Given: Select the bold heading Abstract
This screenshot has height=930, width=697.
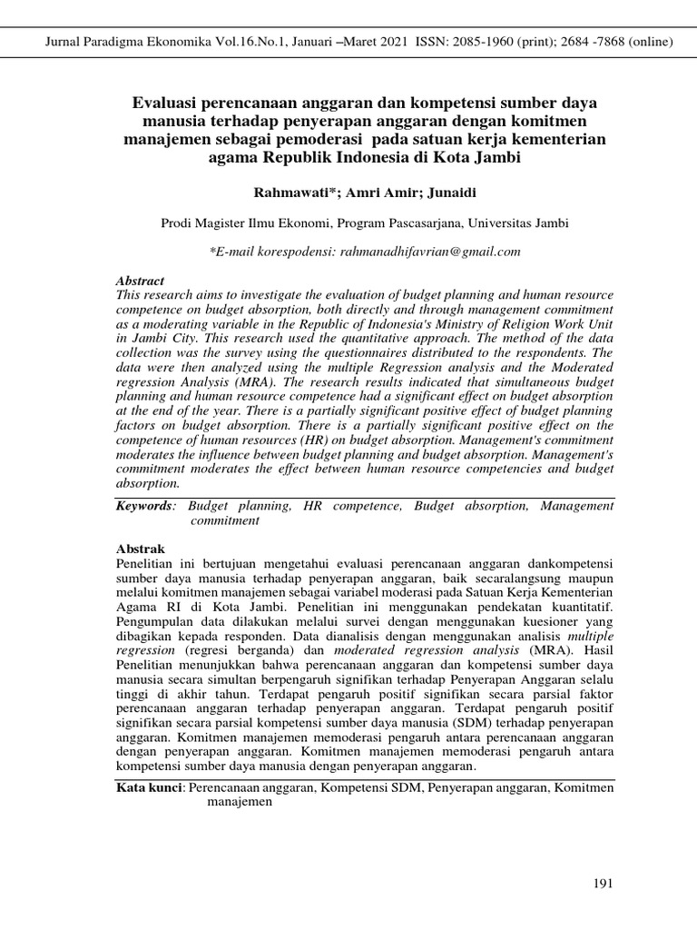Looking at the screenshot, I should (141, 282).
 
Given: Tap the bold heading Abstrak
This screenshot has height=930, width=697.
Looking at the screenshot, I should (142, 549).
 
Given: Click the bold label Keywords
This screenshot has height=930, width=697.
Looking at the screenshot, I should (143, 506).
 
